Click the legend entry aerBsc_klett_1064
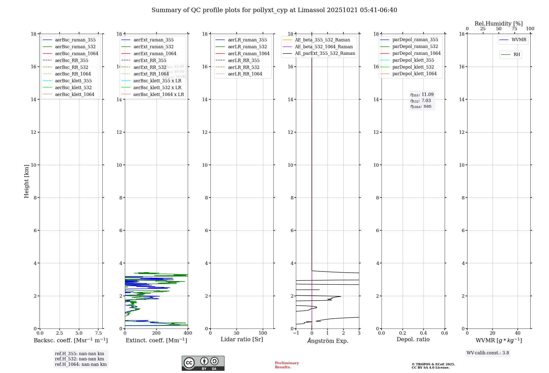[74, 94]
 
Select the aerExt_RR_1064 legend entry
[151, 74]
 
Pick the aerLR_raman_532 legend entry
[247, 47]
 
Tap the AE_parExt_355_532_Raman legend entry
[325, 53]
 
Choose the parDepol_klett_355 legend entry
[413, 60]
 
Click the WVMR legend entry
[519, 40]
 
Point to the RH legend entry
[517, 55]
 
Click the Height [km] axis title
[26, 181]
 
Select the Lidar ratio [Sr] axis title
[242, 339]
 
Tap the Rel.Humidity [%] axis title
[498, 24]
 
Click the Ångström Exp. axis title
[327, 341]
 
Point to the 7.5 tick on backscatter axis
[98, 333]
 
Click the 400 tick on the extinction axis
[188, 333]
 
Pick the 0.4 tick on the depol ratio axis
[424, 333]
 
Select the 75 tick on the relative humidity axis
[514, 29]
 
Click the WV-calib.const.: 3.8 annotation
[488, 353]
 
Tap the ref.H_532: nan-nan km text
[79, 359]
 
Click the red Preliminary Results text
[287, 365]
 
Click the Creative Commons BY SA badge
[203, 363]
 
